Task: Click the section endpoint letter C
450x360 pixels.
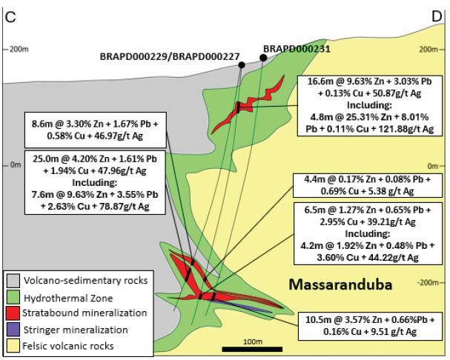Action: point(10,17)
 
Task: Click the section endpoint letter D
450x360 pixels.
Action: point(437,17)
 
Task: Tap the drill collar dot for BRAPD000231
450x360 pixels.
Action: point(263,58)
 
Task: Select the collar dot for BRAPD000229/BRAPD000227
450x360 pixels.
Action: point(242,65)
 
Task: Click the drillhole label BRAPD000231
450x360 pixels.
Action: point(297,49)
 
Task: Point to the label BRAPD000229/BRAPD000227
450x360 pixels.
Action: point(170,56)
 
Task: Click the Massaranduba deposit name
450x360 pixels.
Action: point(340,284)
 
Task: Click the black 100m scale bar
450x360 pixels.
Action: point(252,349)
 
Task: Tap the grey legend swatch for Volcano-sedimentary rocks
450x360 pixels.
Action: point(13,281)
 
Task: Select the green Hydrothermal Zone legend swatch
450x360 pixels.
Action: point(13,297)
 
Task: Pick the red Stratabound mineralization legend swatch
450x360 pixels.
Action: point(13,313)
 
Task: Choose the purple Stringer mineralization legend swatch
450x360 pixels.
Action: point(13,330)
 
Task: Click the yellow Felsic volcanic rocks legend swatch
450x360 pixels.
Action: point(13,346)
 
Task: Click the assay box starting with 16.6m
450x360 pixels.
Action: point(369,105)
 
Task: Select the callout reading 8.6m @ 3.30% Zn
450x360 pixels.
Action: point(96,130)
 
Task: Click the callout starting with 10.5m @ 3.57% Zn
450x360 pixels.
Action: point(370,326)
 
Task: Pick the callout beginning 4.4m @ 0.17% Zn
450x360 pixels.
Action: point(368,185)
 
